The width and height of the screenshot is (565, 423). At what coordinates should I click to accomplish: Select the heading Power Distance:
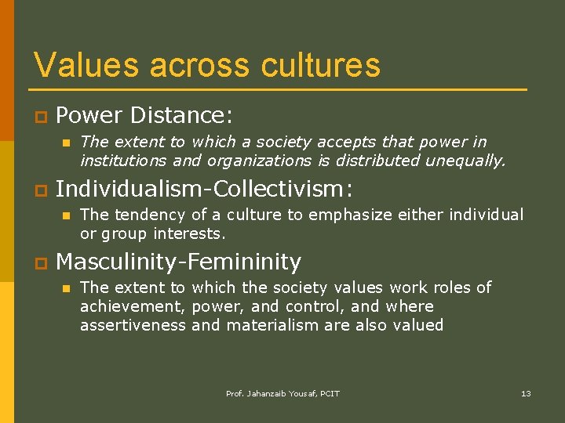(144, 116)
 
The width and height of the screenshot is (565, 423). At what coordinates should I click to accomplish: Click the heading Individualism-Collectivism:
(204, 189)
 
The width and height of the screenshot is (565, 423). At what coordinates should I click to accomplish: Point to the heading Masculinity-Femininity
(178, 262)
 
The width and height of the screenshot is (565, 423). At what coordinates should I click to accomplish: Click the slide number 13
(526, 393)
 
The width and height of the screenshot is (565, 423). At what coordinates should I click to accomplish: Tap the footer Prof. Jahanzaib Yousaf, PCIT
(282, 393)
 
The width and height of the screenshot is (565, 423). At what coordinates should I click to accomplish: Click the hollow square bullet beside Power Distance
(38, 117)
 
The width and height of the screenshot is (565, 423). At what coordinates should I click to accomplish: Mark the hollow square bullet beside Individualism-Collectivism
(38, 190)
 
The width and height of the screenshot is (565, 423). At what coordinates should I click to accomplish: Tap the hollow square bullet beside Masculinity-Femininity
(38, 263)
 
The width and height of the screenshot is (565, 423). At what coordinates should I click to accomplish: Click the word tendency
(144, 215)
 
